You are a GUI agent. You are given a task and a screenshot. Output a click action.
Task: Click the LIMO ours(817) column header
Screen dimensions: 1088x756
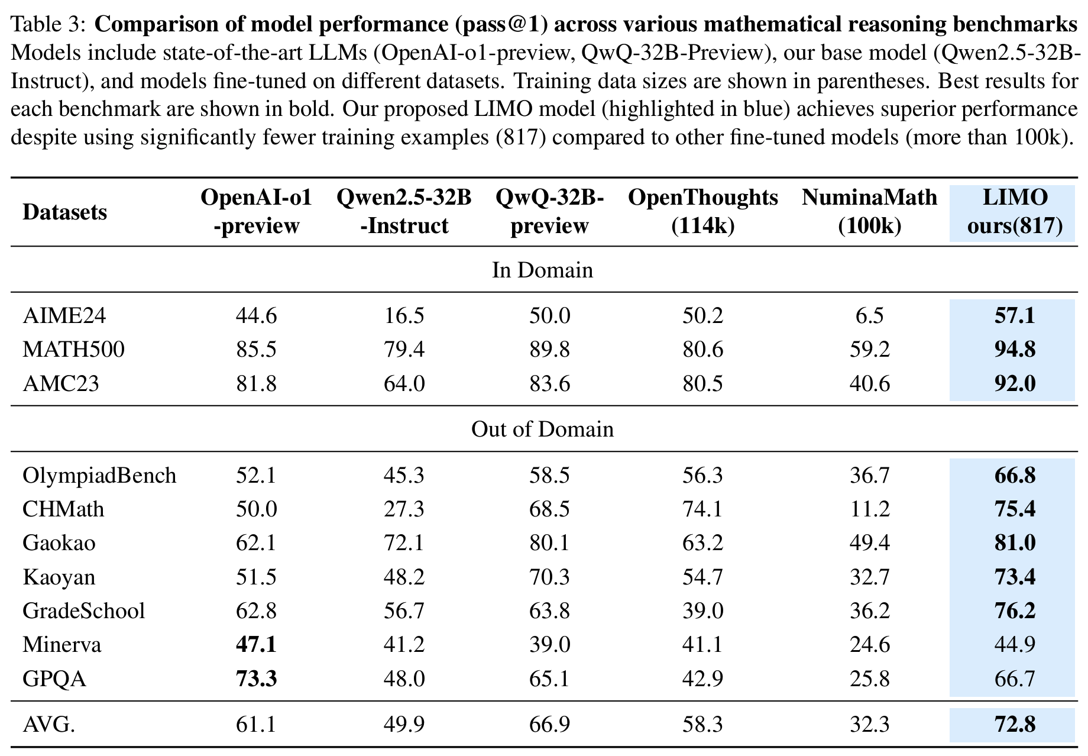tap(1015, 212)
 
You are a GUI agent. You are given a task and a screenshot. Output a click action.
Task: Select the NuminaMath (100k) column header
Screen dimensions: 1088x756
tap(869, 212)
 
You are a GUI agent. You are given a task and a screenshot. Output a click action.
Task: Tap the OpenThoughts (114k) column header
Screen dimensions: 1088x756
tap(702, 212)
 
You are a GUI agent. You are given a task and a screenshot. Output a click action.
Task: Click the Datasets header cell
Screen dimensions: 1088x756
tap(64, 212)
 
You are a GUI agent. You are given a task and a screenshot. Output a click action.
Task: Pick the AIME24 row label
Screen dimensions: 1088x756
tap(64, 316)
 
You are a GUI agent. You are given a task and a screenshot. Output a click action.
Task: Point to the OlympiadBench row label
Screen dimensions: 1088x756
tap(99, 476)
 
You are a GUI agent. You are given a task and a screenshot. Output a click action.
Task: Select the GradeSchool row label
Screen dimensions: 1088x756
tap(83, 610)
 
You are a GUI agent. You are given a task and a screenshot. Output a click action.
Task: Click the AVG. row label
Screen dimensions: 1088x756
tap(48, 724)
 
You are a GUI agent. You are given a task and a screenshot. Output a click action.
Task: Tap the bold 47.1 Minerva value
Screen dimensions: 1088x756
tap(256, 644)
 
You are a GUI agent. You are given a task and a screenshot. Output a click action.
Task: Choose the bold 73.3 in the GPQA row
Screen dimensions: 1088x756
tap(256, 679)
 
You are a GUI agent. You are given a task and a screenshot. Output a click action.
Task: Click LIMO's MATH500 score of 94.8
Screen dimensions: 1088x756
tap(1015, 350)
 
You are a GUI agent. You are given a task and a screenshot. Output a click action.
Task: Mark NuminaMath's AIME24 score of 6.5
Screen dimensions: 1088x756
tap(869, 316)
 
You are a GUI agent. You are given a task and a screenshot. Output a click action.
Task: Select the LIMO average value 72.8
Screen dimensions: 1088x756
tap(1015, 724)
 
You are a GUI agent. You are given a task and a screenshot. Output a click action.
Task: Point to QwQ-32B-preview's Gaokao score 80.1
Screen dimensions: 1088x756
tap(549, 543)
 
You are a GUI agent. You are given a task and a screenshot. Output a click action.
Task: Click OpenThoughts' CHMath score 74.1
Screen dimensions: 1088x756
tap(702, 509)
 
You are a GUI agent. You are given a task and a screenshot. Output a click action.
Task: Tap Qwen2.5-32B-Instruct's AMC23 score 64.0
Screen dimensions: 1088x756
tap(404, 384)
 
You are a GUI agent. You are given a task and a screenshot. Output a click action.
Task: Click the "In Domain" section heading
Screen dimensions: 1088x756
tap(542, 270)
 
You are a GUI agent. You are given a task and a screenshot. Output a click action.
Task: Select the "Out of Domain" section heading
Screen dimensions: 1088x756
tap(542, 429)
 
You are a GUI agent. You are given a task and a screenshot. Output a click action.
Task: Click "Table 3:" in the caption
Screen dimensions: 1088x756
tap(49, 25)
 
